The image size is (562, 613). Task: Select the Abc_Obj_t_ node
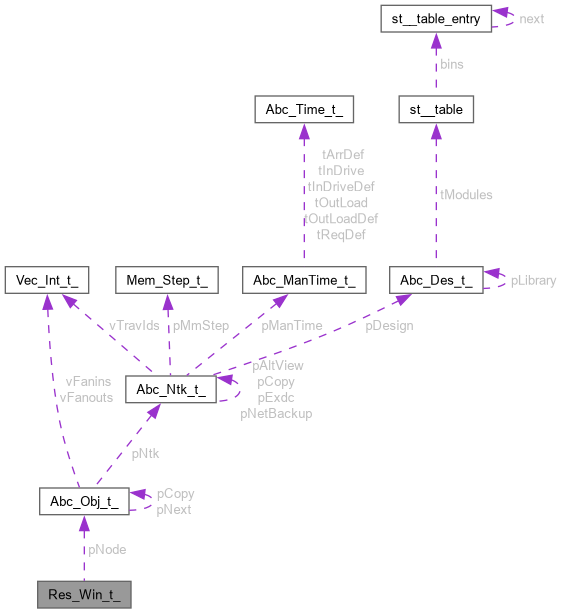[x=84, y=501]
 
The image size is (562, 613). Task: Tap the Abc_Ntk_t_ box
[x=168, y=388]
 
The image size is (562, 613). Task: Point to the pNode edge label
[x=107, y=549]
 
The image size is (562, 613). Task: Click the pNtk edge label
[x=144, y=453]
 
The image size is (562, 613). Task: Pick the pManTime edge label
[x=292, y=325]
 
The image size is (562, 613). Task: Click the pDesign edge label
[x=389, y=325]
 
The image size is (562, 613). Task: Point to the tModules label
[x=466, y=195]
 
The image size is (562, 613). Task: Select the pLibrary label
[x=533, y=281]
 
